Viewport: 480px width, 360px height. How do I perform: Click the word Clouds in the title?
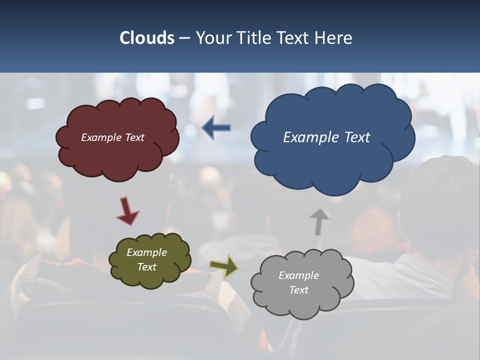pyautogui.click(x=147, y=38)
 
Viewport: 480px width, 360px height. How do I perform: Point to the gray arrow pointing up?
pyautogui.click(x=318, y=221)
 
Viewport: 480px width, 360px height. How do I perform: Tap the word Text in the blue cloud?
pyautogui.click(x=357, y=137)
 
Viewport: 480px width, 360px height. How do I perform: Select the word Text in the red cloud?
pyautogui.click(x=135, y=137)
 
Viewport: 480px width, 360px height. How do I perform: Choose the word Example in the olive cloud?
pyautogui.click(x=146, y=252)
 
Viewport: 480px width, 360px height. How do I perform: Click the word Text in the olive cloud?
pyautogui.click(x=147, y=267)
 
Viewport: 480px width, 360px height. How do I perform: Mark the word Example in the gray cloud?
pyautogui.click(x=298, y=275)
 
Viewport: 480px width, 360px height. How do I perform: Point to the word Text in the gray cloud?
pyautogui.click(x=299, y=290)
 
